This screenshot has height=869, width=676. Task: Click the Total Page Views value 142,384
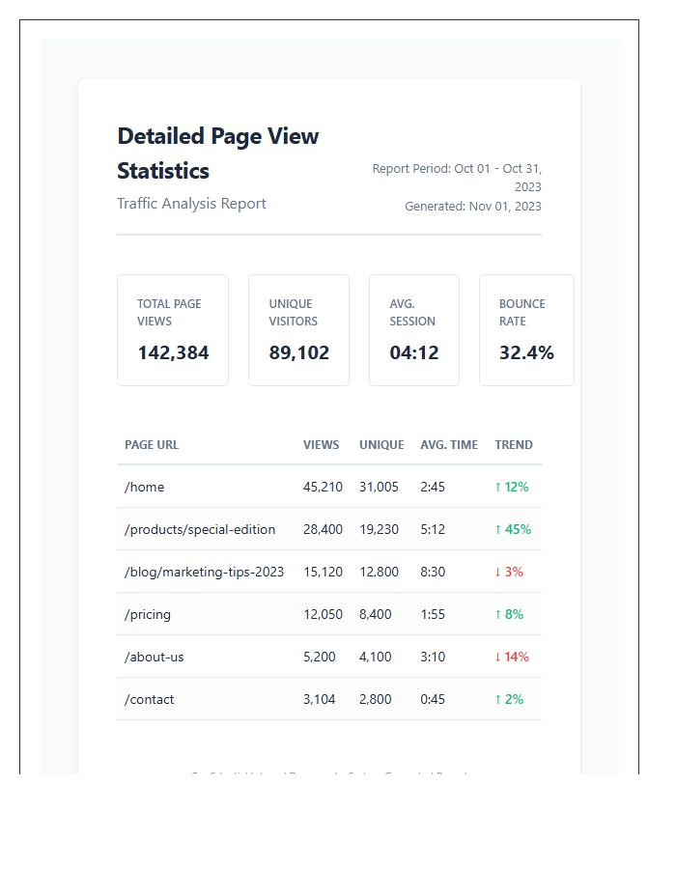(x=173, y=353)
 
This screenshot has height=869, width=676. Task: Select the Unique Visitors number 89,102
(x=298, y=353)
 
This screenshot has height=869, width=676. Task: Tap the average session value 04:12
(x=413, y=353)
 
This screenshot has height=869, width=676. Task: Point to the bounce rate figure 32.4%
(x=526, y=353)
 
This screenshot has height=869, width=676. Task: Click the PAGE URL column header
(x=152, y=445)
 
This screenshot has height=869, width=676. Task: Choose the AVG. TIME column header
(x=449, y=445)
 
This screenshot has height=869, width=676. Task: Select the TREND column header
(x=514, y=445)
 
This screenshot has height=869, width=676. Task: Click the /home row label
(x=145, y=487)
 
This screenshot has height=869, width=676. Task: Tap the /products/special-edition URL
(x=200, y=529)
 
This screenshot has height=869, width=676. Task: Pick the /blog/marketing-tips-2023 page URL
(x=205, y=572)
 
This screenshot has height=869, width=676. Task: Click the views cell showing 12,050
(x=323, y=614)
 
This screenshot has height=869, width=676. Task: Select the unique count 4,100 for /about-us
(x=376, y=657)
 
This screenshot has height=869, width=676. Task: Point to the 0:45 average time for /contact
(x=433, y=699)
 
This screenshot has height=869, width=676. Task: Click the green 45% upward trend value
(x=513, y=529)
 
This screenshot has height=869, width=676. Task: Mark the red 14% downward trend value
(x=512, y=657)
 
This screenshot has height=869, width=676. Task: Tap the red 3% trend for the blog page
(x=509, y=572)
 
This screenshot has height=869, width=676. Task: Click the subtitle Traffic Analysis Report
(x=191, y=204)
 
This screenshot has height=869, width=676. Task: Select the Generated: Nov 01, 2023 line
(x=473, y=206)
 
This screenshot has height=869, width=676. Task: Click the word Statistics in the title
(x=163, y=171)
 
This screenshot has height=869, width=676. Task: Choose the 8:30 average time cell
(x=433, y=572)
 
